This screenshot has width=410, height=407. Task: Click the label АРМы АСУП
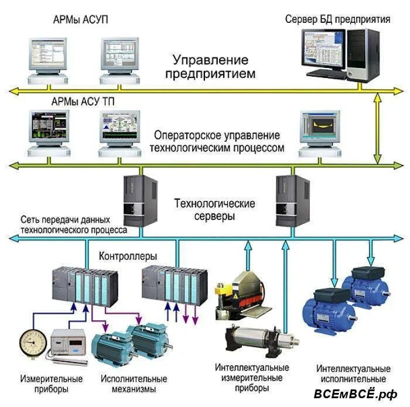(80, 20)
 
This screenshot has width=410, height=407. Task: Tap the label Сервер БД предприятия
(337, 19)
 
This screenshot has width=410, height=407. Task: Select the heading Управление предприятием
(210, 67)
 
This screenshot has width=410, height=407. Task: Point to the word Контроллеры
(128, 256)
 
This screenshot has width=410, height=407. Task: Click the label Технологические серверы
(214, 210)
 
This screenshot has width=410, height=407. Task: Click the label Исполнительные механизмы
(128, 384)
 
